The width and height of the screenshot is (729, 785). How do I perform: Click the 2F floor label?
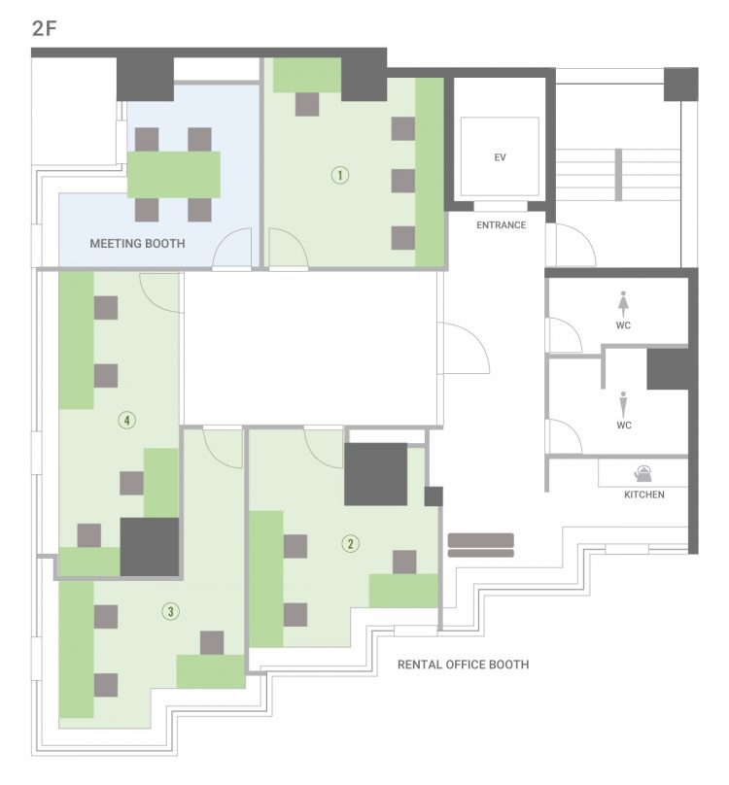click(x=44, y=28)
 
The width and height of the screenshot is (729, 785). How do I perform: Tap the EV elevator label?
click(x=500, y=157)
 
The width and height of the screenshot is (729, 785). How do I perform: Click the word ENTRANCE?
click(x=501, y=224)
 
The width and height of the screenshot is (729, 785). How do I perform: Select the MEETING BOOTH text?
click(x=137, y=243)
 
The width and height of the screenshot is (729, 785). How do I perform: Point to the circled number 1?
click(x=340, y=175)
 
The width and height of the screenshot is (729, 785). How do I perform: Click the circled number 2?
click(x=350, y=543)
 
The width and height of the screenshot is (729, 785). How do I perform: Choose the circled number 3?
click(x=171, y=611)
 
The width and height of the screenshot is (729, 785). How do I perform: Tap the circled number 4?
click(x=126, y=420)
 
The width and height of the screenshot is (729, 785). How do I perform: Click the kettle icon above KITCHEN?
click(x=642, y=473)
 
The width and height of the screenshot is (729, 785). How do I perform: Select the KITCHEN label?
click(x=643, y=495)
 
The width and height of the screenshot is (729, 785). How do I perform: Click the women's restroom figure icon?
click(x=623, y=303)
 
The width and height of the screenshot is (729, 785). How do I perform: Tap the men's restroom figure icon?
click(x=623, y=404)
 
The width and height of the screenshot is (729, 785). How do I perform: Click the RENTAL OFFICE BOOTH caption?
click(x=463, y=665)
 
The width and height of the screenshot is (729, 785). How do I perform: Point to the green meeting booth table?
click(x=174, y=174)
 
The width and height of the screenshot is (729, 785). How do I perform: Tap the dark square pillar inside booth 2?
click(x=376, y=474)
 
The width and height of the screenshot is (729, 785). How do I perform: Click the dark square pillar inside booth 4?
click(x=150, y=547)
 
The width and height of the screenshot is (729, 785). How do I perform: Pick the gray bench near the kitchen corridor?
click(x=481, y=545)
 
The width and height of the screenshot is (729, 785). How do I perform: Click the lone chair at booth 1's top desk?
click(x=307, y=104)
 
